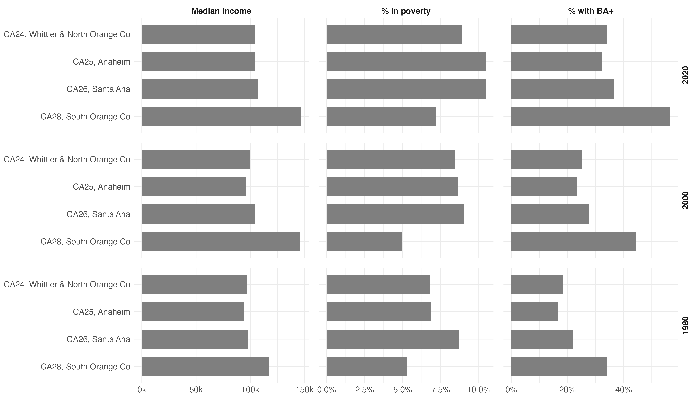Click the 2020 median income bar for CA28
pos(221,116)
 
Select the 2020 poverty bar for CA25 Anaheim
pos(406,62)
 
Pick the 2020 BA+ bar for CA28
pos(591,116)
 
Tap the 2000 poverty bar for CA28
pos(364,241)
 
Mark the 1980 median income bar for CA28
pos(205,366)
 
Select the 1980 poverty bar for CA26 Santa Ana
pos(393,339)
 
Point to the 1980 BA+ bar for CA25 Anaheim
pos(534,312)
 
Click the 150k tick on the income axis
pos(304,390)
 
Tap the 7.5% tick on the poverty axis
pos(441,390)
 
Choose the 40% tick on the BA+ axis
pos(623,390)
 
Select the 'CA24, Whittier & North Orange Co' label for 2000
pos(67,159)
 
